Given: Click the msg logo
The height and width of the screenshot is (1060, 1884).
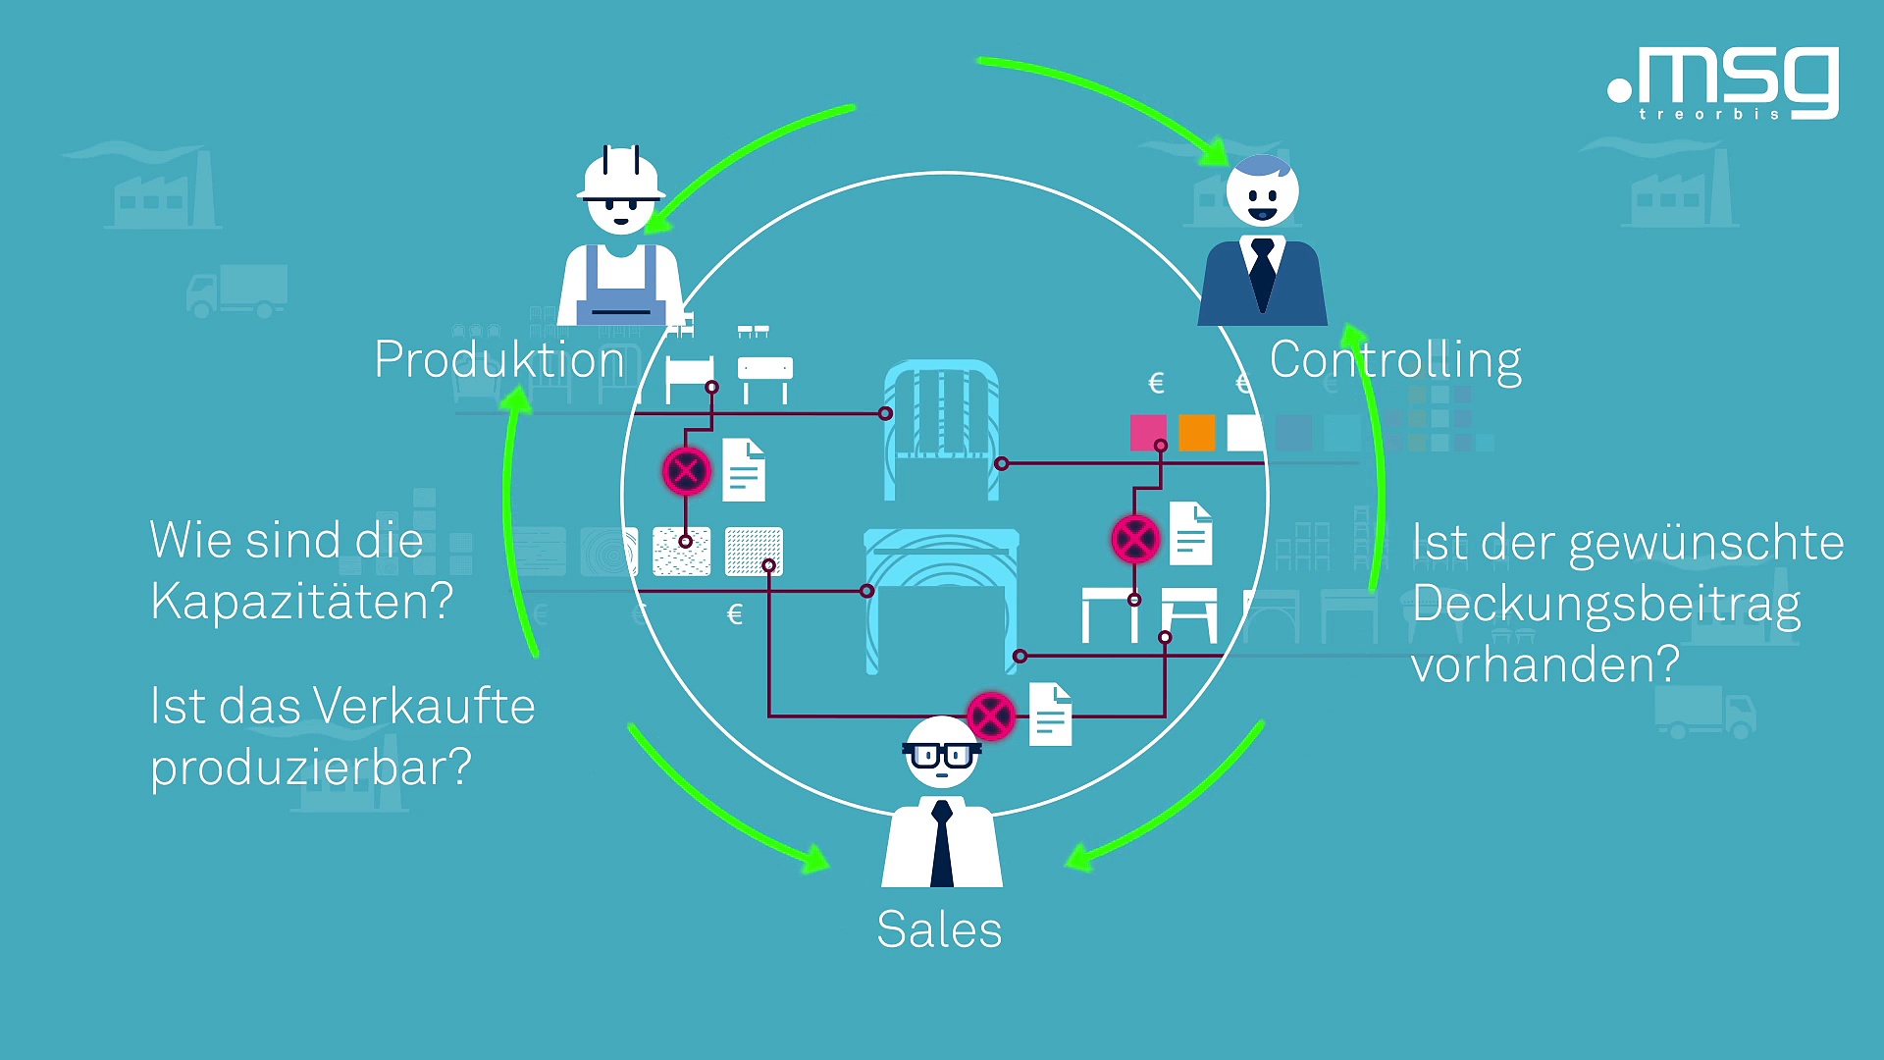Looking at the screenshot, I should pos(1724,82).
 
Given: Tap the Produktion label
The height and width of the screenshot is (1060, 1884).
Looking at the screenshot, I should pos(498,359).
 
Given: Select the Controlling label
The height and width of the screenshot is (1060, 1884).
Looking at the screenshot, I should pos(1394,360).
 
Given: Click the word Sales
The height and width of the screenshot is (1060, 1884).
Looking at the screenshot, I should pos(939,929).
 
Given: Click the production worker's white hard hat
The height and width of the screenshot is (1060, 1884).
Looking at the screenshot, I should pos(620,177).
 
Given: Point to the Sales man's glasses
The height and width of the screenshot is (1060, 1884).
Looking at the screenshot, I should pos(940,755).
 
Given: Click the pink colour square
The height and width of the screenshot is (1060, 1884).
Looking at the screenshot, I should pos(1148,432).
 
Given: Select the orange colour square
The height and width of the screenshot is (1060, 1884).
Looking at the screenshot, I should pos(1197,432).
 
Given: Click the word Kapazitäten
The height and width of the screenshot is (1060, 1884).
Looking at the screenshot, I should pos(301,601).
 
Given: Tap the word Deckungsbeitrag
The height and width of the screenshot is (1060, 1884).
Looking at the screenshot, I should pos(1606,604).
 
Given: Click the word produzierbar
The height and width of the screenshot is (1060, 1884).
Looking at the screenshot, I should pos(310,767).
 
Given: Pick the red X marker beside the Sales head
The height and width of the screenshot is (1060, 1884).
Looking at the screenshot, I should pos(990,715).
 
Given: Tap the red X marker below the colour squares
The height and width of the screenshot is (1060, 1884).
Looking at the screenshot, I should pos(1135,539).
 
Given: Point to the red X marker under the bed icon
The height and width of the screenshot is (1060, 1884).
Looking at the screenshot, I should pos(686,471).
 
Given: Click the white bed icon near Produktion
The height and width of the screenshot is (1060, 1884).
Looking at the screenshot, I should pos(689,378).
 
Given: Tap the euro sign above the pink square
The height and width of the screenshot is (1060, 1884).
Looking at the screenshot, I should pos(1156,383).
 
